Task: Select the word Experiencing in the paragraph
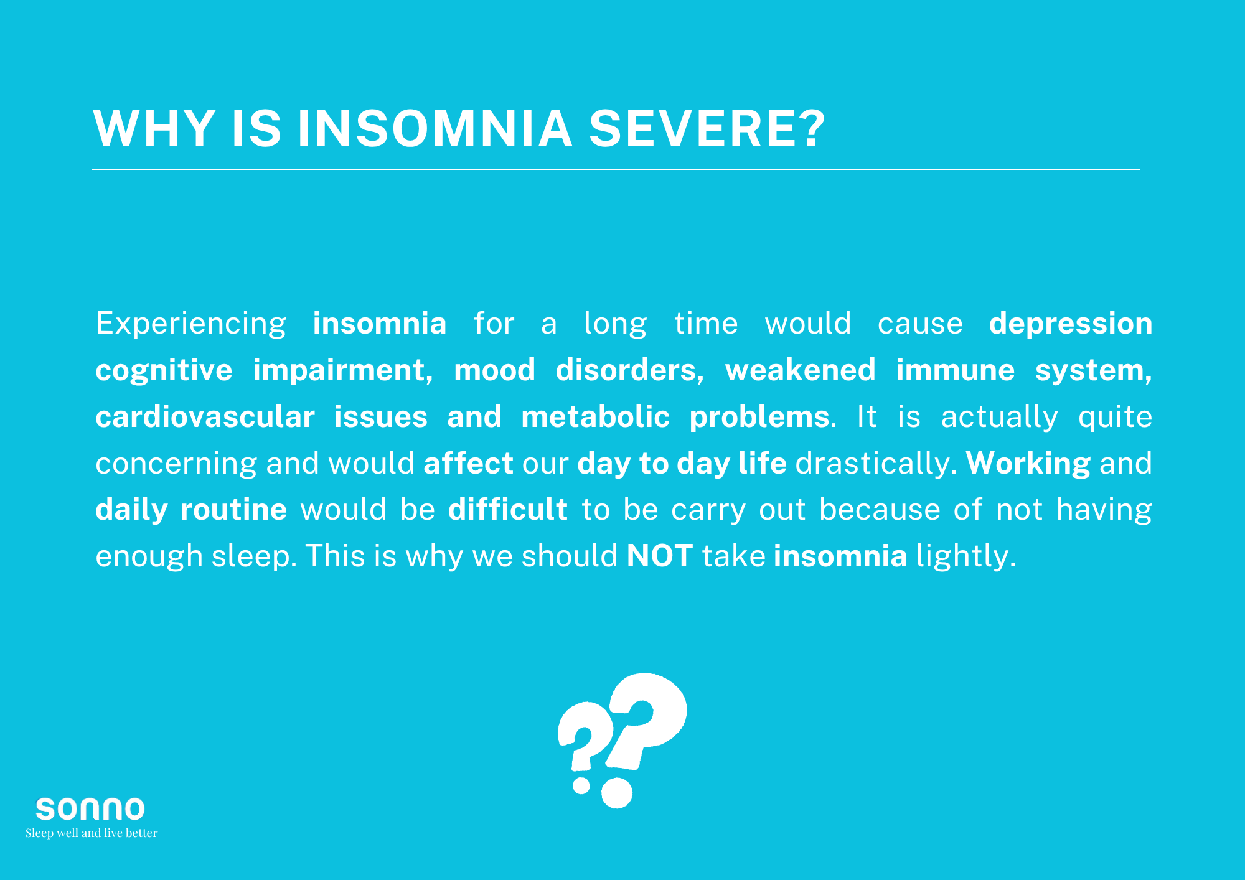[190, 324]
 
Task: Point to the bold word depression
[1070, 324]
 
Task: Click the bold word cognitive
[164, 370]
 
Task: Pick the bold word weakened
[800, 370]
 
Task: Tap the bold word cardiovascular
[205, 416]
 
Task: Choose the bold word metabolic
[595, 416]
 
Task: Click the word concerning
[176, 464]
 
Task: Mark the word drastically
[876, 463]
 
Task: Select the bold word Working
[1028, 464]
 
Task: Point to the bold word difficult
[507, 509]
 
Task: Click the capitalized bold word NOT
[660, 556]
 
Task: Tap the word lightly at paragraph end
[965, 556]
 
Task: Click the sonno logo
[90, 809]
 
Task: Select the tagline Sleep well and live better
[92, 833]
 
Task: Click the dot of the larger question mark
[616, 793]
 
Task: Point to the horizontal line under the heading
[616, 169]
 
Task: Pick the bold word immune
[955, 370]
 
